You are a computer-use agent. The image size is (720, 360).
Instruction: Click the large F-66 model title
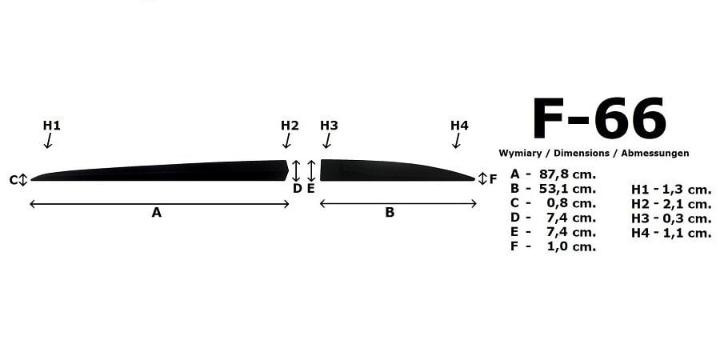pyautogui.click(x=599, y=118)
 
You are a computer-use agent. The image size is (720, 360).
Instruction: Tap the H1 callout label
pyautogui.click(x=52, y=126)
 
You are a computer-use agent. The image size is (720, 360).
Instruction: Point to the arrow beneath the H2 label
pyautogui.click(x=287, y=141)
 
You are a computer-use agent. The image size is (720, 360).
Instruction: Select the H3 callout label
pyautogui.click(x=330, y=126)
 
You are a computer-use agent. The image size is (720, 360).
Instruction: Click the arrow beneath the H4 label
pyautogui.click(x=457, y=141)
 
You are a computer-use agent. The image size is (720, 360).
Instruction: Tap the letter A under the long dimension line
pyautogui.click(x=157, y=213)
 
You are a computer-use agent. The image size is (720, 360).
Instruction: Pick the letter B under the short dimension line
pyautogui.click(x=390, y=213)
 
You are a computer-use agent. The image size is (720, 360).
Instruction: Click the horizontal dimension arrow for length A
pyautogui.click(x=159, y=203)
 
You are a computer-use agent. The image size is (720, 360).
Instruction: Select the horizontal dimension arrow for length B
pyautogui.click(x=398, y=203)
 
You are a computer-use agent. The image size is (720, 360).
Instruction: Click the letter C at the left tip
pyautogui.click(x=14, y=180)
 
